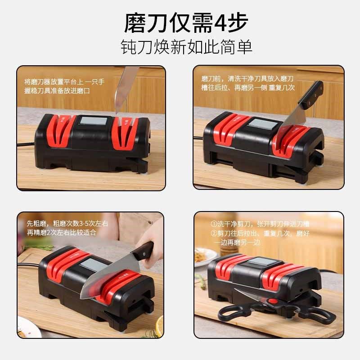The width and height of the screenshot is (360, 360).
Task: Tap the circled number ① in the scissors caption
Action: click(x=214, y=224)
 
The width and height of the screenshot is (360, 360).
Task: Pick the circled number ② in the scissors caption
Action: click(x=214, y=233)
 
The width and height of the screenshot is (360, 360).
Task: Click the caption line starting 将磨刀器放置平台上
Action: click(x=64, y=82)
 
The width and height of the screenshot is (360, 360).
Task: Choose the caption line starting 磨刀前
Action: click(x=247, y=78)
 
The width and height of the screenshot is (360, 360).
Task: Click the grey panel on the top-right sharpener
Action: click(x=262, y=124)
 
